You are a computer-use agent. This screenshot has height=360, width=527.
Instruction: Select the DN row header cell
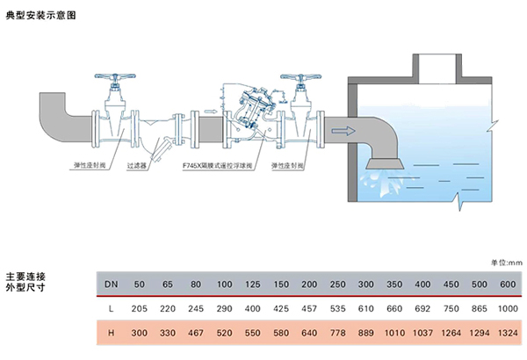point(112,284)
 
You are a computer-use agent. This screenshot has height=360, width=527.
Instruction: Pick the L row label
point(112,310)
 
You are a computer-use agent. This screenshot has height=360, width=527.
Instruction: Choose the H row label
point(112,335)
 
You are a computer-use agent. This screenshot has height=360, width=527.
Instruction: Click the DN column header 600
point(507,284)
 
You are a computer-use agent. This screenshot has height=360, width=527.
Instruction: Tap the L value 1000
point(507,310)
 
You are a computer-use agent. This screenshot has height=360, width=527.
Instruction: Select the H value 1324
point(507,335)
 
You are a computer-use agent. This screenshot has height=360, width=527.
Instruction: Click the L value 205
point(139,310)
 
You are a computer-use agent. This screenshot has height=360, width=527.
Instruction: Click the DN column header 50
point(139,284)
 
